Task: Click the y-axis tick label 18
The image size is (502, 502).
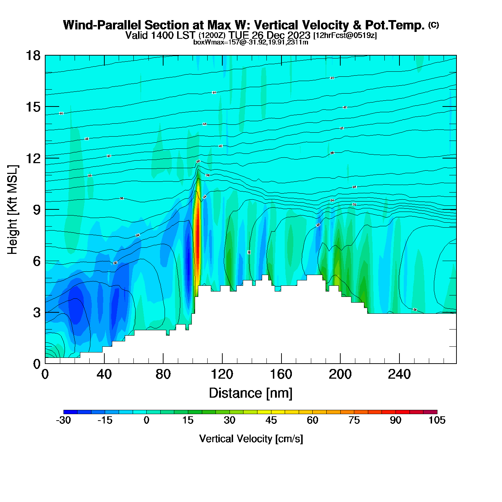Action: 33,56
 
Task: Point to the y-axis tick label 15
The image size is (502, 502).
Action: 33,107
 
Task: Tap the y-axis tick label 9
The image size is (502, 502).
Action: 37,210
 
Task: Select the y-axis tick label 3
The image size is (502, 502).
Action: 37,313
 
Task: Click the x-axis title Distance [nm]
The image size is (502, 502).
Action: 251,393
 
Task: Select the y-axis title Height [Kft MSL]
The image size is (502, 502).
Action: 13,210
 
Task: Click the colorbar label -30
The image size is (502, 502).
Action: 63,420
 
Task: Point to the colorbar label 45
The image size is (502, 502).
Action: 271,420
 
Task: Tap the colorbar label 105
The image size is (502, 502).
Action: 437,420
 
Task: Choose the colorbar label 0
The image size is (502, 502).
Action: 146,420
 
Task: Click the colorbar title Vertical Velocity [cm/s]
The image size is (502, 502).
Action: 251,439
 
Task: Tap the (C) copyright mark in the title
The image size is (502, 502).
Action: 434,25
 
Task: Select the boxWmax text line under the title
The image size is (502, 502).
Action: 251,42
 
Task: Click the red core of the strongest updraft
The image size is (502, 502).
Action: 197,237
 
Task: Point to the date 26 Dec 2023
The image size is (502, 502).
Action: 281,35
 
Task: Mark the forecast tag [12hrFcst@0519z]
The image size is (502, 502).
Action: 345,35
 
